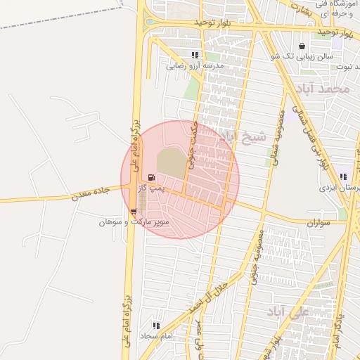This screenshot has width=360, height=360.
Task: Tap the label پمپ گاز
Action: click(x=150, y=189)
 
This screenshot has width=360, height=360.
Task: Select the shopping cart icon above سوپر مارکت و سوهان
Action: click(x=134, y=211)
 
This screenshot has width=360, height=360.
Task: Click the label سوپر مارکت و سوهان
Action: click(x=134, y=221)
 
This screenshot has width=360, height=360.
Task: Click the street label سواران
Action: click(x=319, y=221)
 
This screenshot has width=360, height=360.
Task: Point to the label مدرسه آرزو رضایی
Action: click(x=195, y=66)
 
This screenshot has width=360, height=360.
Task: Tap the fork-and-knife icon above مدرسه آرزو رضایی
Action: click(x=195, y=55)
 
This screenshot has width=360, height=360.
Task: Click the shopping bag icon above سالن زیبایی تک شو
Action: click(x=302, y=45)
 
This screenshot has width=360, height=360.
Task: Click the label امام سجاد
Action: click(x=157, y=337)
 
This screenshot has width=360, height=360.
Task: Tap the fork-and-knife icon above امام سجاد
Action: click(x=156, y=326)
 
